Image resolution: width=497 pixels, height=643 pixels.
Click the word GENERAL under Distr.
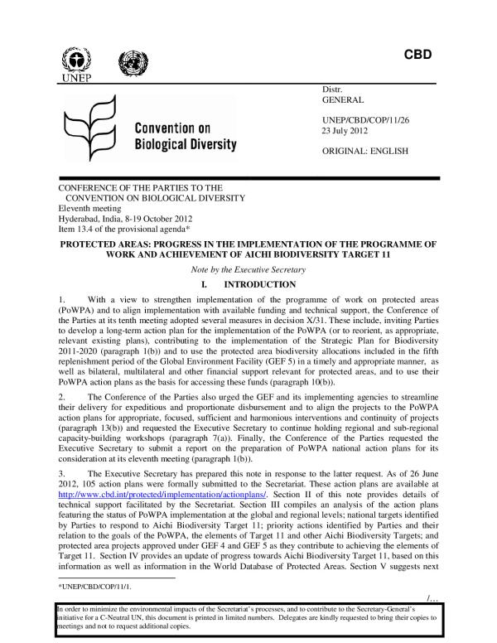pos(344,99)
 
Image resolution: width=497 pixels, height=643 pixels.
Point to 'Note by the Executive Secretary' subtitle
pos(248,272)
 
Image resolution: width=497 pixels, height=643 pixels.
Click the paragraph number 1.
pos(60,298)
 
